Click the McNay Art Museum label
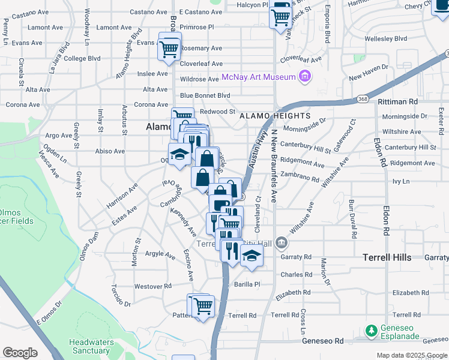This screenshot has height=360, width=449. (x=259, y=77)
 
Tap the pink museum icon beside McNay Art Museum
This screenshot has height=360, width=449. (x=305, y=76)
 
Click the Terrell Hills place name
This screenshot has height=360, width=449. (x=387, y=257)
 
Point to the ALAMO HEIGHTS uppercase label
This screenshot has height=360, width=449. (x=274, y=116)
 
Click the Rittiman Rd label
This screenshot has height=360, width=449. (x=397, y=102)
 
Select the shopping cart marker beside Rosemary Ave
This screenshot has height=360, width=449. (x=170, y=48)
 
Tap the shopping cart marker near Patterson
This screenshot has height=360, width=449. (x=203, y=307)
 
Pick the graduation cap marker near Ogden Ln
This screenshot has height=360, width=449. (x=179, y=155)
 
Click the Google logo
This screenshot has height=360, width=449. (x=20, y=353)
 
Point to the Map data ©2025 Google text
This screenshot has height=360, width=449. (x=412, y=355)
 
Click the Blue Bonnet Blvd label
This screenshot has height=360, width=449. (x=205, y=95)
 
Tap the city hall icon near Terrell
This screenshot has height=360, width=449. (x=282, y=242)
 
